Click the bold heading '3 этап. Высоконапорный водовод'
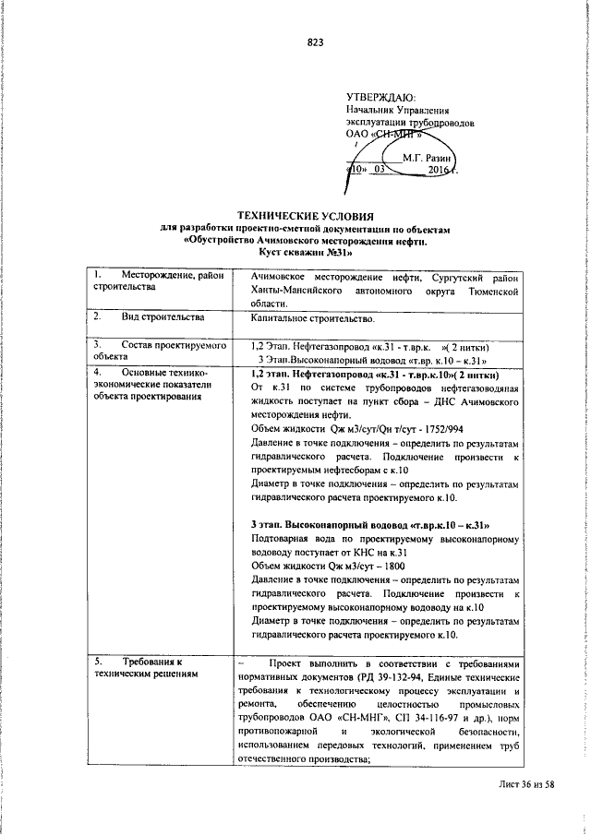click(369, 525)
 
